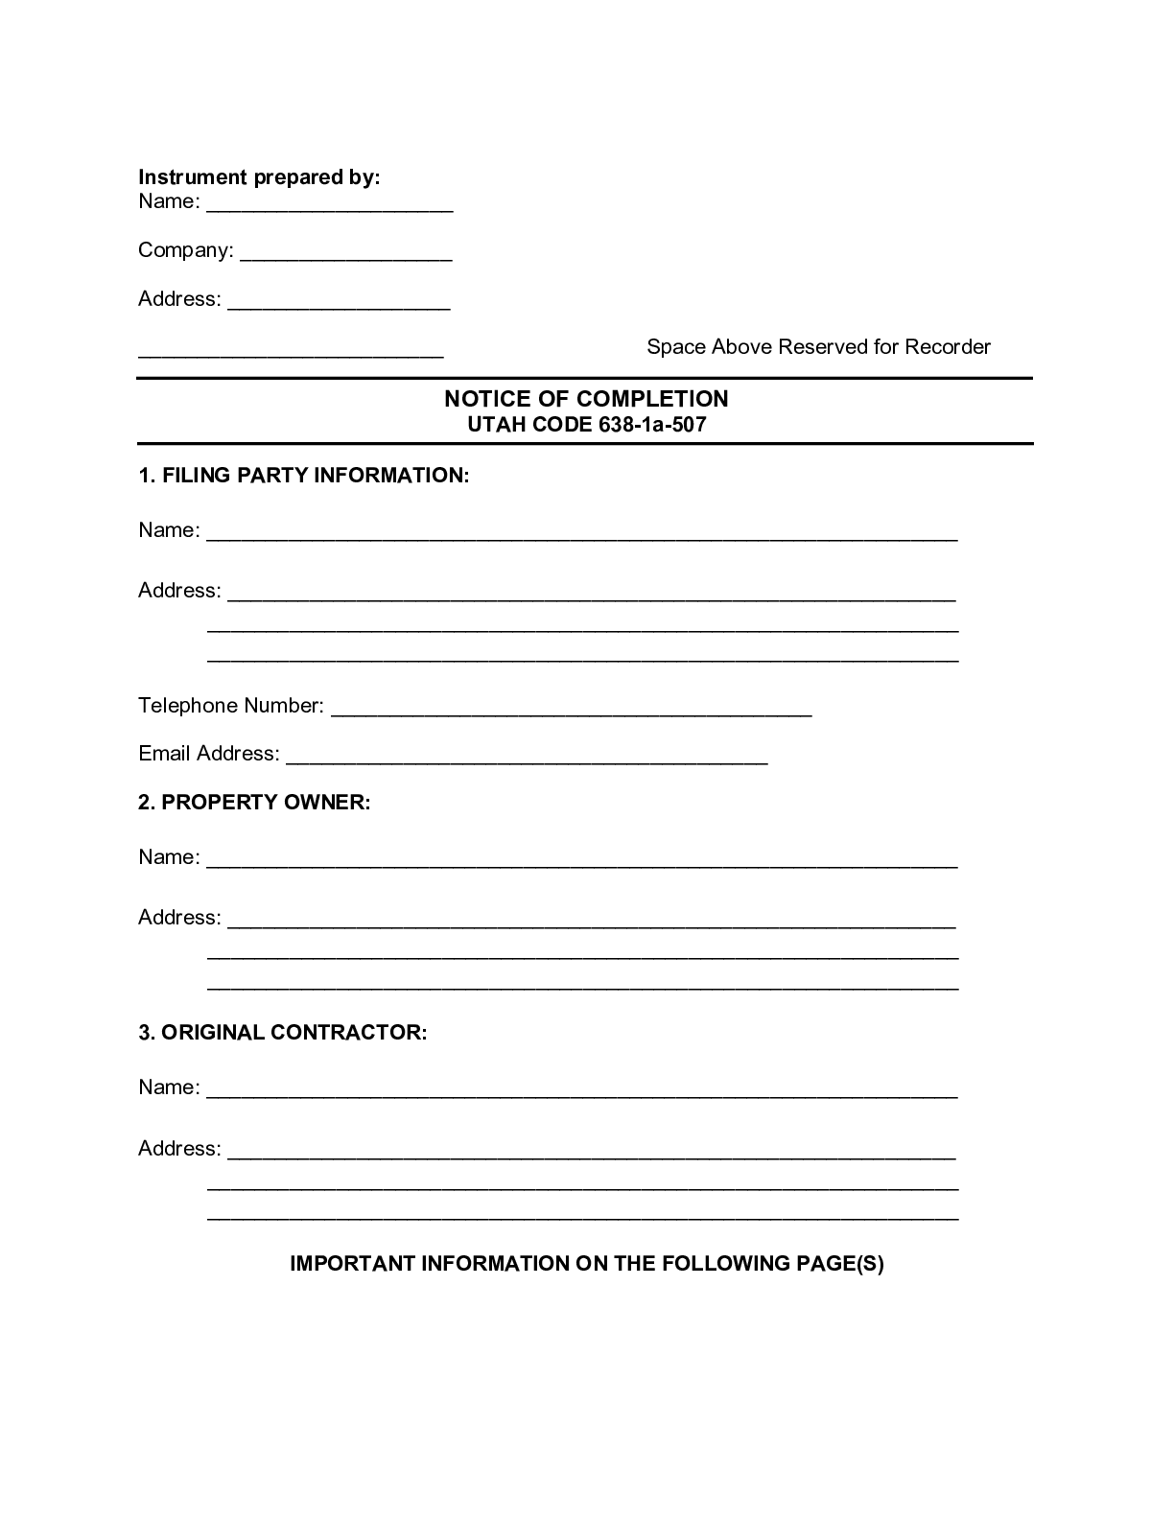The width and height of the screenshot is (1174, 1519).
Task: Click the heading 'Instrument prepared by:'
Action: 259,177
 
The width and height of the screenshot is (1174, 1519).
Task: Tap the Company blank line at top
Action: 345,253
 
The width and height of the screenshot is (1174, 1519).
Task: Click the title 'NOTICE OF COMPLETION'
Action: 586,399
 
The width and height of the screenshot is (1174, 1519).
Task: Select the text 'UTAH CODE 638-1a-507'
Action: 586,425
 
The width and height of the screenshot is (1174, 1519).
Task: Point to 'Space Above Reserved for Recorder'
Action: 818,347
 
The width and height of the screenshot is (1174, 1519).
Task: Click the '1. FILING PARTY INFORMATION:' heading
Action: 304,476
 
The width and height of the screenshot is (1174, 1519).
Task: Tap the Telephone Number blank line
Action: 571,708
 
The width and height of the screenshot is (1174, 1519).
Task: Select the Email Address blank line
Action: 527,756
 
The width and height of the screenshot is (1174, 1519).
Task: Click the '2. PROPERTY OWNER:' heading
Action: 254,803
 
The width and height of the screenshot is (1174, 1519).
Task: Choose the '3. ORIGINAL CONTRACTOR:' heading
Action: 282,1033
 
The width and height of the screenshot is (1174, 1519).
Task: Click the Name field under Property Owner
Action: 581,859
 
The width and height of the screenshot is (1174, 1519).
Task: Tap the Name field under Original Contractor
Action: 581,1089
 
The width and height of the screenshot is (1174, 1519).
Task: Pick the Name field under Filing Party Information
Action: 581,532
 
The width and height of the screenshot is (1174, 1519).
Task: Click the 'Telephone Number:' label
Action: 231,706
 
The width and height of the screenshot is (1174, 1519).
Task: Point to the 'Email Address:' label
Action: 209,754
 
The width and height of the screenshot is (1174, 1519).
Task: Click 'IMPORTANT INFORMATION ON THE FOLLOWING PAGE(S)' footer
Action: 586,1264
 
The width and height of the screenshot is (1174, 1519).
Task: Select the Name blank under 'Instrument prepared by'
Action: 329,204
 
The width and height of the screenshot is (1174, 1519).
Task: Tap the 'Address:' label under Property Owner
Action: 179,918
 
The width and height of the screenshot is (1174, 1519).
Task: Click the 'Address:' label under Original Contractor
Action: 179,1149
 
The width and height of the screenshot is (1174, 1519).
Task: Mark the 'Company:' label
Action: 186,250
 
